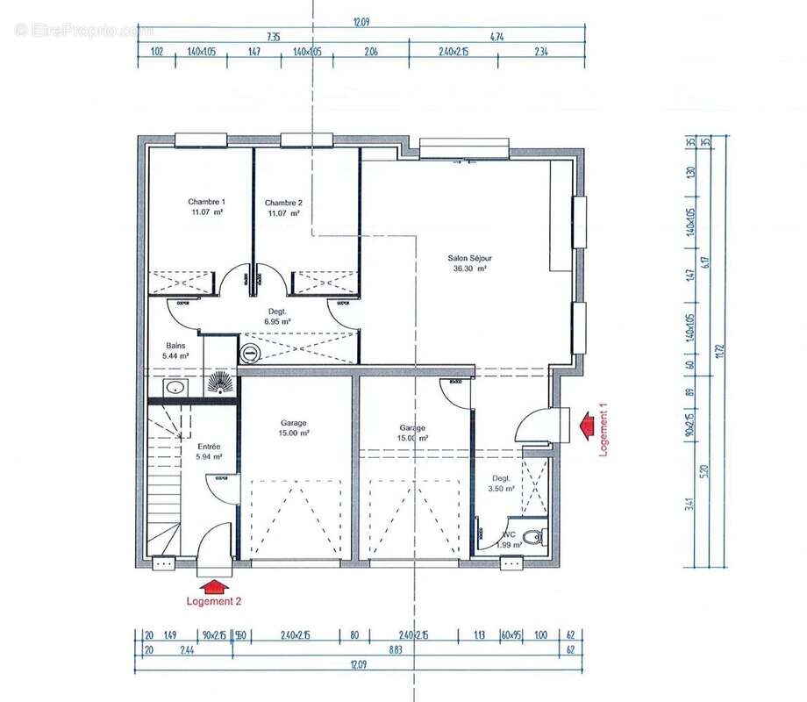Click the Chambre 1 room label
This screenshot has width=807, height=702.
[x=206, y=207]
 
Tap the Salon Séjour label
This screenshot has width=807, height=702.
[x=469, y=264]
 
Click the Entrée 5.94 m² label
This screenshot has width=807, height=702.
[x=209, y=452]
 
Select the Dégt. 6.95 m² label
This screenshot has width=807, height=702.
[x=277, y=317]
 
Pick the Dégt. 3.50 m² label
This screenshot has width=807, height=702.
[x=501, y=484]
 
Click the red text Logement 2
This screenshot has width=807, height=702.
[x=213, y=601]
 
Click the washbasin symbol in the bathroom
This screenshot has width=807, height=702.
[x=175, y=387]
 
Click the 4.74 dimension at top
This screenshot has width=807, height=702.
[x=496, y=37]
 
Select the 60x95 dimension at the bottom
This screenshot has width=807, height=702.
[x=511, y=634]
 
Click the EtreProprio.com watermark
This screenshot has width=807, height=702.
[x=83, y=30]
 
